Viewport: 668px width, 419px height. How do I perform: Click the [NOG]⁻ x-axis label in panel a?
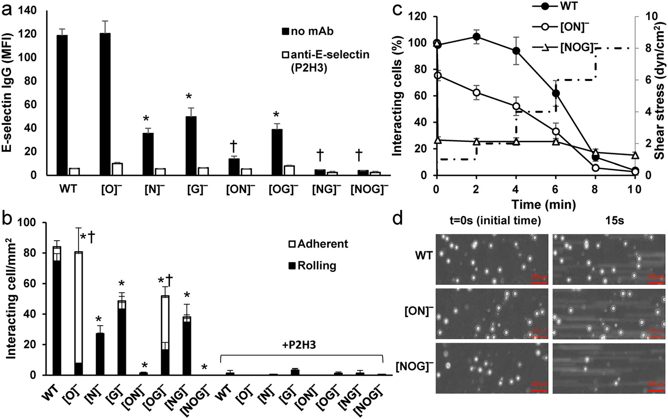[x=369, y=190]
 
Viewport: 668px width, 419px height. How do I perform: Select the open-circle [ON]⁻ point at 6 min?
[x=556, y=132]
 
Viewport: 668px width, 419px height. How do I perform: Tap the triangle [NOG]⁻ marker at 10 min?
[x=634, y=155]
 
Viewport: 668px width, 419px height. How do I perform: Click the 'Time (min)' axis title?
[x=543, y=205]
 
